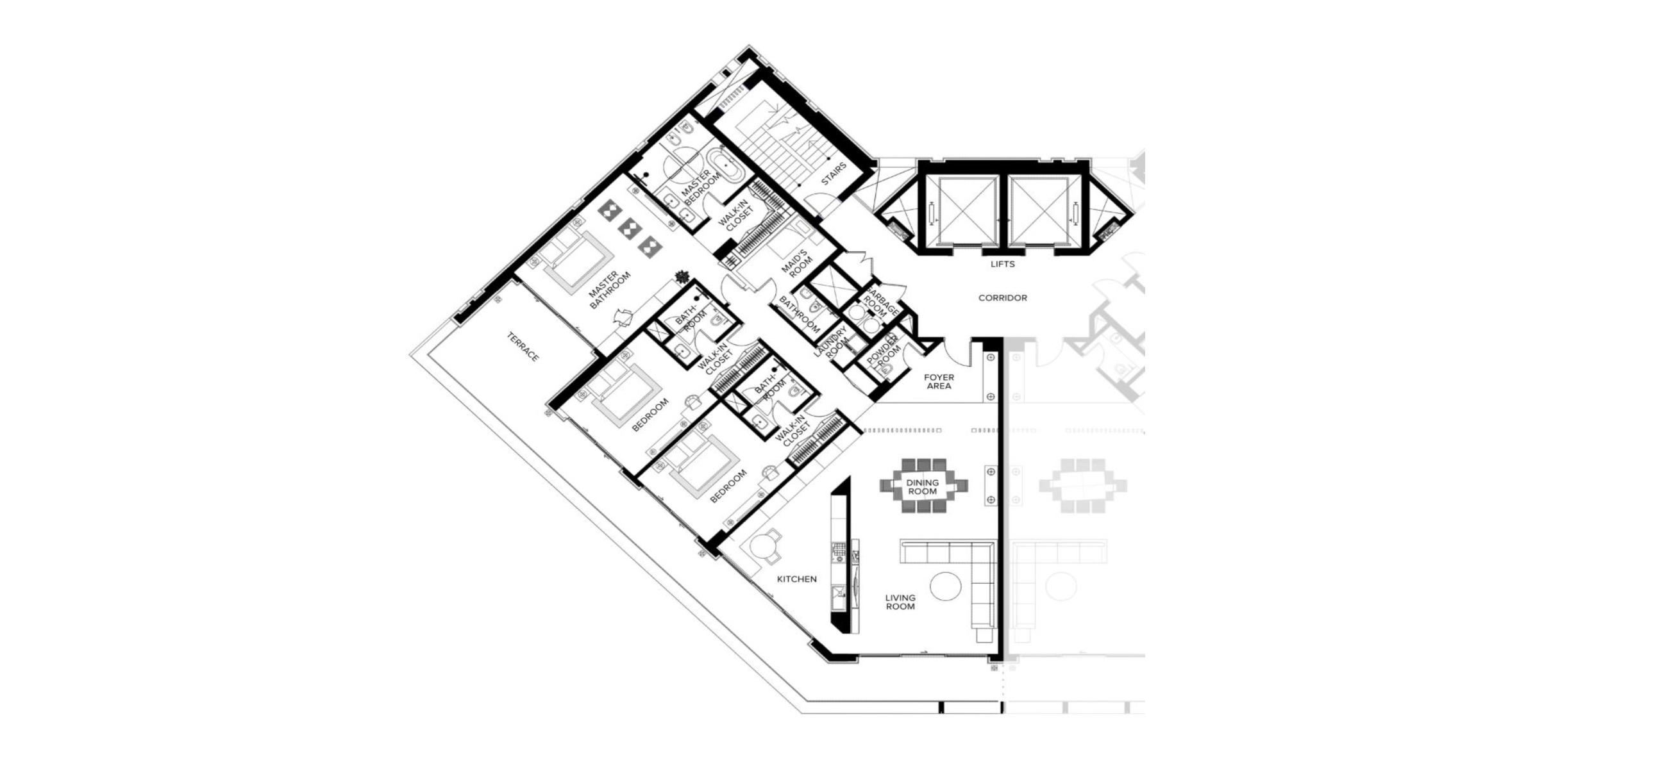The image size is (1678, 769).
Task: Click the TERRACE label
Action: point(523,347)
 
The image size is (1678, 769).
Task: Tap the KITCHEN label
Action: point(796,579)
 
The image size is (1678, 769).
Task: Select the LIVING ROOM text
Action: point(900,602)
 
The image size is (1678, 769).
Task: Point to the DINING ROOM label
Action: point(923,487)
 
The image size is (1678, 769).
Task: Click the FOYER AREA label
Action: point(939,381)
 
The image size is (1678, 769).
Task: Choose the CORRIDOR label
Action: point(1002,298)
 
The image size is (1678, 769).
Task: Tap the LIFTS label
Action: point(1002,265)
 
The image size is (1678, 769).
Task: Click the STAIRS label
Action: point(834,174)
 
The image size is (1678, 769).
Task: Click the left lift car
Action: point(961,210)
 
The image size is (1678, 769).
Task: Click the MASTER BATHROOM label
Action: point(610,290)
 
